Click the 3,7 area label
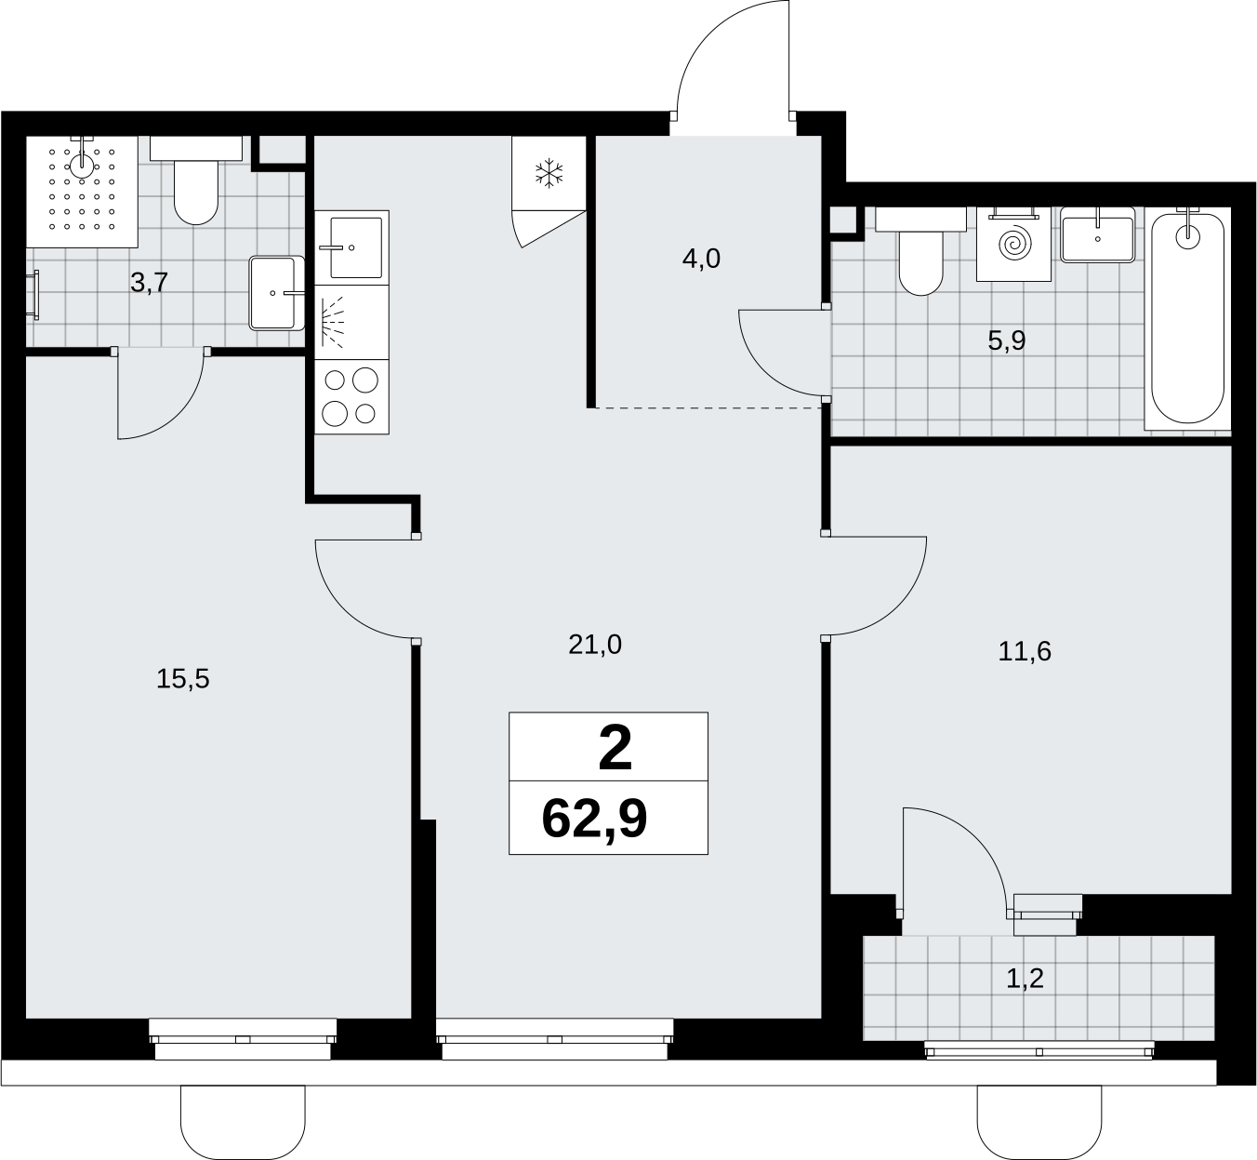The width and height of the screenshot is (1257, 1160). [x=150, y=283]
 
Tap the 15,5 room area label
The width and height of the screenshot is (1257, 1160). [x=182, y=679]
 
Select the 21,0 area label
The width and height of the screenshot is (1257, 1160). [x=595, y=645]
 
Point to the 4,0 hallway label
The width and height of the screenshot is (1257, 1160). [x=701, y=260]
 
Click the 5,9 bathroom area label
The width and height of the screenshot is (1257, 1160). [x=1006, y=341]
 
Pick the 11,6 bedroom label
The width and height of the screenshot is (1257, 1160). [x=1025, y=651]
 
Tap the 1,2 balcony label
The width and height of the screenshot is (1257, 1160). [x=1025, y=979]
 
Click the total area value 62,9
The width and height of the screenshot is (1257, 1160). [x=594, y=820]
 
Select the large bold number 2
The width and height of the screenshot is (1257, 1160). [x=615, y=748]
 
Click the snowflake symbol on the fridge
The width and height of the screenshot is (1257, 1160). [x=549, y=174]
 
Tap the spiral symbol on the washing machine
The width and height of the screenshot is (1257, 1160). [x=1014, y=244]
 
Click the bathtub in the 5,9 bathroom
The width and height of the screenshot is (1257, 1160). [x=1187, y=319]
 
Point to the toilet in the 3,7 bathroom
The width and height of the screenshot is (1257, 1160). [x=196, y=181]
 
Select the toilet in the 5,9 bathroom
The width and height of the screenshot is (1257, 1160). [x=921, y=251]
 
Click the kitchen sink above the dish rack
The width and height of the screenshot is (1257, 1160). [x=352, y=247]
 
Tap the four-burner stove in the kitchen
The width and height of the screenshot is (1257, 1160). [x=352, y=397]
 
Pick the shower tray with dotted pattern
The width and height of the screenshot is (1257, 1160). [x=82, y=192]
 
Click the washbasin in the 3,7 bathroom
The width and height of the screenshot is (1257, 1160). [x=277, y=293]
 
